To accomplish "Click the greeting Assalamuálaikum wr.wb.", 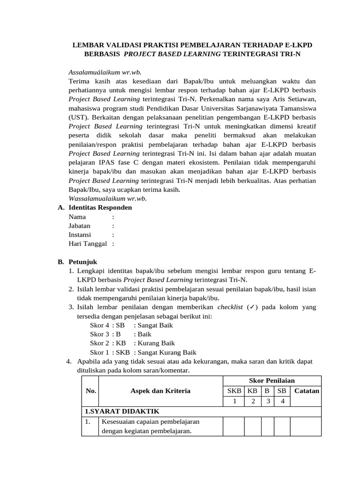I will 105,72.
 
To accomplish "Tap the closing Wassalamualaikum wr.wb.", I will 108,198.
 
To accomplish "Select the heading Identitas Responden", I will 100,207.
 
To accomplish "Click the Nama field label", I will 77,217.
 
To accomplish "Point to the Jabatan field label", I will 80,225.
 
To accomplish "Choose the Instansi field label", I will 80,234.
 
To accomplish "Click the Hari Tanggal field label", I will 88,244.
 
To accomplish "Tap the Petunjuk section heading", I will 82,262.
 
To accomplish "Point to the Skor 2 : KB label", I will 105,344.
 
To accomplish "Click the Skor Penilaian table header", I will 271,380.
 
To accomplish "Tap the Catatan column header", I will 306,390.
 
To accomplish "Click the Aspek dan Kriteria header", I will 160,390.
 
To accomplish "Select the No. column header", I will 90,390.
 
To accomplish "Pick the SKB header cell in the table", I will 234,390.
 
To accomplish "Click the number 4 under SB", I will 282,401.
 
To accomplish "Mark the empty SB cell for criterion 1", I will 282,427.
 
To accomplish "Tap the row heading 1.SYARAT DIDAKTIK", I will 122,411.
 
